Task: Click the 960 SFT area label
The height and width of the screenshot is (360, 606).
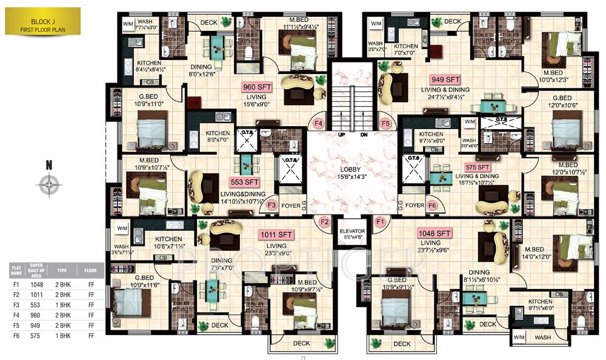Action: tap(257, 87)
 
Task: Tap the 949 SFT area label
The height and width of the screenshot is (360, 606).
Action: tap(445, 79)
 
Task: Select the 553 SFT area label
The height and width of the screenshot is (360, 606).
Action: tap(244, 182)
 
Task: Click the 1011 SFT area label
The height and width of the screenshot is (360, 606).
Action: tap(276, 234)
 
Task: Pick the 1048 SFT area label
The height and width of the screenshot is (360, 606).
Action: tap(434, 233)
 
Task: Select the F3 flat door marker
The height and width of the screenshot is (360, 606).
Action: tap(272, 205)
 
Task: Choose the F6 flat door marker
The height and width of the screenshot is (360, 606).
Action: tap(432, 205)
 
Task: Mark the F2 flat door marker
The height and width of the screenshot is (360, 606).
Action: tap(325, 222)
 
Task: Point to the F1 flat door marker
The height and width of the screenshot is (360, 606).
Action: tap(381, 222)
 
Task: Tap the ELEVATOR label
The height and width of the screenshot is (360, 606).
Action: tap(352, 231)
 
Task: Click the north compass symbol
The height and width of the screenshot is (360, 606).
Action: tap(49, 183)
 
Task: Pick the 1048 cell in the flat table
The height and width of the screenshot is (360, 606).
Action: tap(38, 284)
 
